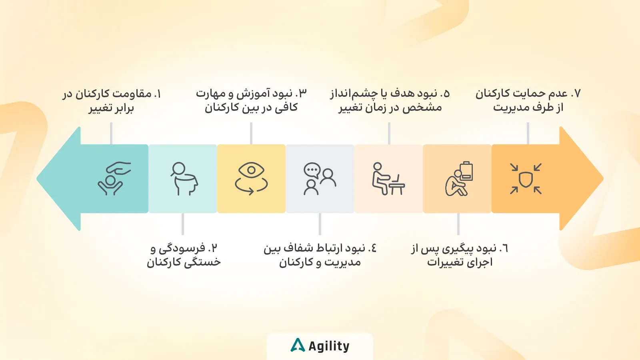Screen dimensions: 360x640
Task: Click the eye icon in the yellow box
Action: [x=251, y=178]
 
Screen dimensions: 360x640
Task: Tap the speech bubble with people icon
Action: [x=320, y=178]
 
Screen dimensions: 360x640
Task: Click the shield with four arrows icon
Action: [x=526, y=178]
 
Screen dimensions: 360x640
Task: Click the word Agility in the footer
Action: [x=329, y=346]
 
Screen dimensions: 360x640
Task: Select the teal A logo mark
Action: [x=298, y=345]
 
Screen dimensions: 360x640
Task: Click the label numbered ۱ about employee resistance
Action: [x=112, y=101]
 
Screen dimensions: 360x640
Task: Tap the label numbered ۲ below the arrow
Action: [x=184, y=255]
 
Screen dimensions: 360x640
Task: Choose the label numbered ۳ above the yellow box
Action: [x=251, y=100]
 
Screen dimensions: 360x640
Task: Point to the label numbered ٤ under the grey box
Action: [x=320, y=255]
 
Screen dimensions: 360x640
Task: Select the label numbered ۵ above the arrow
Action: [x=390, y=100]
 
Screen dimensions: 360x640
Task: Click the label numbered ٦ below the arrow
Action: [x=460, y=255]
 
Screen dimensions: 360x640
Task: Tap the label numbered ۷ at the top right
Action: [x=528, y=100]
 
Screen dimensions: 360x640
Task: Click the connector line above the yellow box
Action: [x=251, y=133]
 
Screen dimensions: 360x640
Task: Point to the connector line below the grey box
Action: [x=320, y=224]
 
